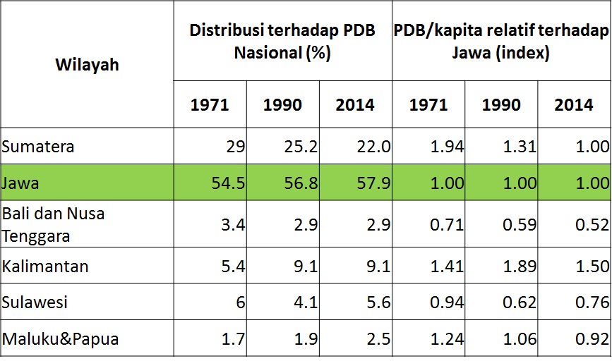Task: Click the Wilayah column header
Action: (x=87, y=65)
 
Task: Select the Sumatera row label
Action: (x=38, y=147)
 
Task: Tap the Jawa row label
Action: (x=20, y=183)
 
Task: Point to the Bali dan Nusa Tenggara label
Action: (x=53, y=224)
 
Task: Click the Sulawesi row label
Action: (x=35, y=302)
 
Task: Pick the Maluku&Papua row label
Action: (x=60, y=339)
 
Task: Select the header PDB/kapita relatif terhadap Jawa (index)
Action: (x=501, y=42)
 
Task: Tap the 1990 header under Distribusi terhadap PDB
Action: (x=282, y=105)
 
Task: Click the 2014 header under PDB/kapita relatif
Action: (x=574, y=105)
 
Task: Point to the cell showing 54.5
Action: (x=227, y=183)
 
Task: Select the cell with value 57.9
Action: (x=373, y=183)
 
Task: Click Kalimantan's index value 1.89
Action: (x=519, y=267)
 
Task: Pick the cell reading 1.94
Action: (x=446, y=147)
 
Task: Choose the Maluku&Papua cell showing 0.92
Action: (x=592, y=339)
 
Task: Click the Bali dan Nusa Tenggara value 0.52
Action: (x=592, y=224)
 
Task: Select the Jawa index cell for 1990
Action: (x=519, y=183)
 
